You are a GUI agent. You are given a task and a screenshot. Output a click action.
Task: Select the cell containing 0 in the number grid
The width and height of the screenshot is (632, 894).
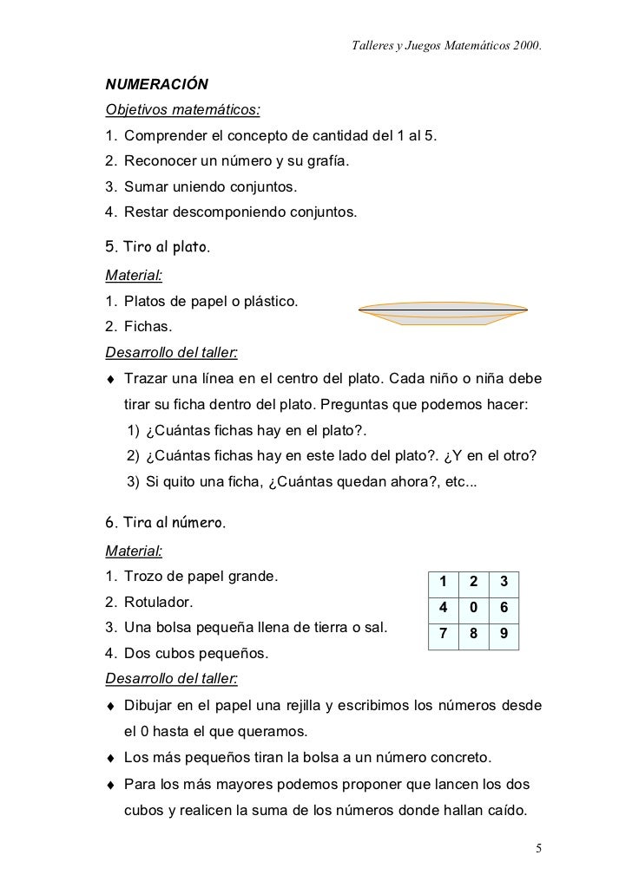[x=473, y=608]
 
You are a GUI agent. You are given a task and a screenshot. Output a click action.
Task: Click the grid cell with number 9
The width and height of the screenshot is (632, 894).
[x=504, y=635]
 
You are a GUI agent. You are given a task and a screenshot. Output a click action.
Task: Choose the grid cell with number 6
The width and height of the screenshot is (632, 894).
[x=504, y=608]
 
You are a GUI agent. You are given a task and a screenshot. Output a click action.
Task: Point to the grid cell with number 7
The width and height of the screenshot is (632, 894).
[x=443, y=635]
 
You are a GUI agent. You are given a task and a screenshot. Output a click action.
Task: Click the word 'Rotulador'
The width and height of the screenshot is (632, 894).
[x=159, y=602]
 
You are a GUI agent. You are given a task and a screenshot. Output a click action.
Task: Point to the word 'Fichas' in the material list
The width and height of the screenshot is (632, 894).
[x=148, y=328]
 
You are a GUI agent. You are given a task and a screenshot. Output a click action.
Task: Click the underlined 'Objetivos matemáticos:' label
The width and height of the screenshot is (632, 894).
[x=182, y=111]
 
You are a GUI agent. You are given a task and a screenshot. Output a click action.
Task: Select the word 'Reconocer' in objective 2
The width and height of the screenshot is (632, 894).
[x=161, y=161]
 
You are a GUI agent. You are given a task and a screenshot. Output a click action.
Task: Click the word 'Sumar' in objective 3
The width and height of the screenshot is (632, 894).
[x=145, y=186]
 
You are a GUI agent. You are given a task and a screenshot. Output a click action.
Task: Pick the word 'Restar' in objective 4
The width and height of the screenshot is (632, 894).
[x=147, y=212]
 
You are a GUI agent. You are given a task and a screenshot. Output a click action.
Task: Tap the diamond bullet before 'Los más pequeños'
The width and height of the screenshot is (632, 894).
[x=110, y=760]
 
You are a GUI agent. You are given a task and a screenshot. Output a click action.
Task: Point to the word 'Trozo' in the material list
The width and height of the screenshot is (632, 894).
[x=144, y=577]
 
